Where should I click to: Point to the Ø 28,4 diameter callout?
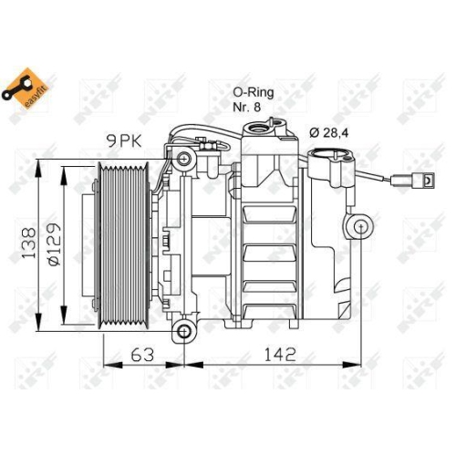pyautogui.click(x=330, y=133)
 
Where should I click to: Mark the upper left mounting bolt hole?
pyautogui.click(x=185, y=161)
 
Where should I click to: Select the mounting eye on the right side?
pyautogui.click(x=358, y=224)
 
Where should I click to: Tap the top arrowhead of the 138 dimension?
pyautogui.click(x=39, y=168)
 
